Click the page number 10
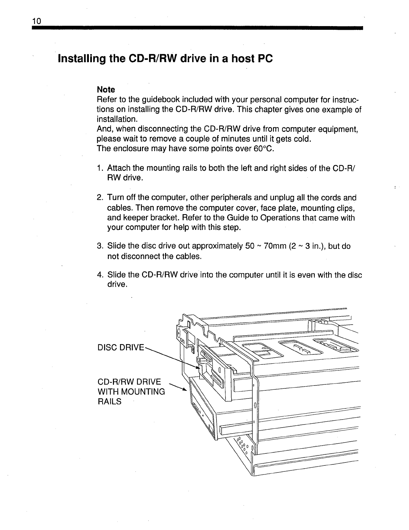36,21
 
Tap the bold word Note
106,90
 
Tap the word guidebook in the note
156,100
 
